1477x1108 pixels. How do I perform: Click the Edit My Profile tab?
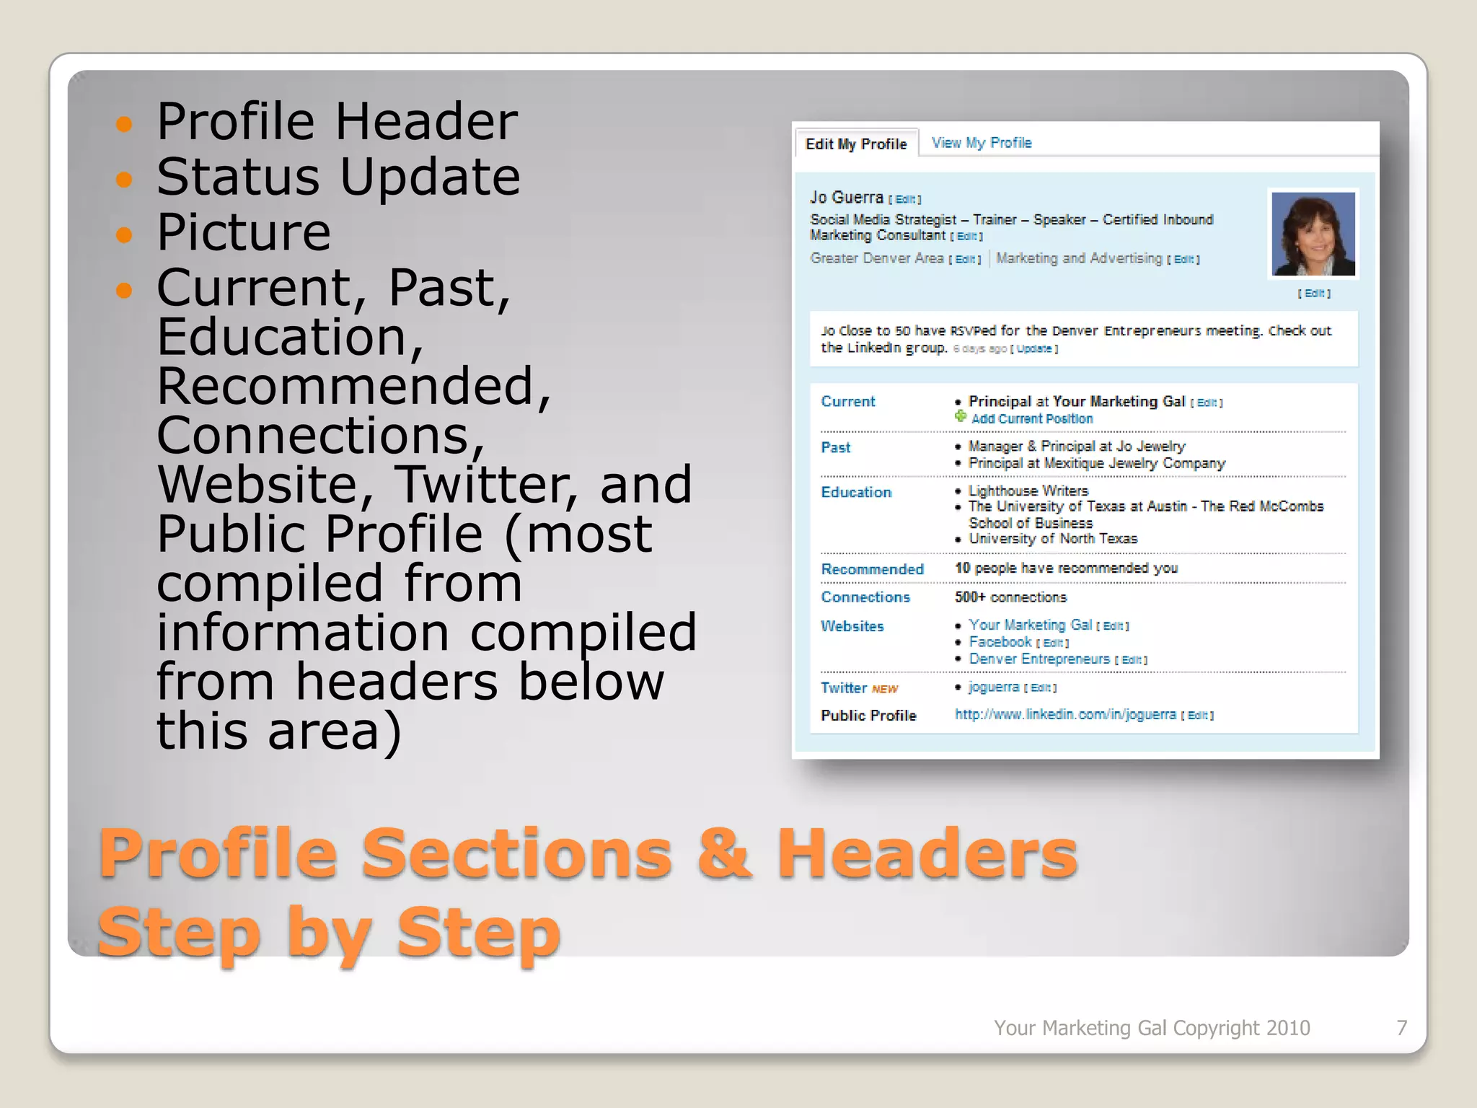pos(855,144)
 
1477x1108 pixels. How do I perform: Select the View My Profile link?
pos(981,143)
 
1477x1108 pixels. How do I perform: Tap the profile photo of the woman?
pos(1313,234)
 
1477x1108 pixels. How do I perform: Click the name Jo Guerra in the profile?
pos(846,198)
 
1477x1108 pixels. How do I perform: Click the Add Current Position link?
pos(1031,419)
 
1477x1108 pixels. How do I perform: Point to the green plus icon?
pos(961,416)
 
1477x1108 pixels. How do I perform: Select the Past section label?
pos(835,448)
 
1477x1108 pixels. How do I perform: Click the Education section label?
pos(856,493)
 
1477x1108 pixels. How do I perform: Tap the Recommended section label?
pos(872,570)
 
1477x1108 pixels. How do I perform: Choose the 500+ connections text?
pos(1010,597)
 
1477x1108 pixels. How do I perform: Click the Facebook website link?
pos(1000,642)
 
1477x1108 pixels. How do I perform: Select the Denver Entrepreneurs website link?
pos(1039,659)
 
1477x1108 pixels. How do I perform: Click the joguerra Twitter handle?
pos(994,687)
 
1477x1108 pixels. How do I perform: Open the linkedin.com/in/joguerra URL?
pos(1065,715)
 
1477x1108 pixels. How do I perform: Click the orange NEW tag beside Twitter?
pos(885,690)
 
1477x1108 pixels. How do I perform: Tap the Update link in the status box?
pos(1034,349)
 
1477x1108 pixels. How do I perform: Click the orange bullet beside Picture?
pos(124,235)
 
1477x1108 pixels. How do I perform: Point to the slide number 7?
pos(1401,1028)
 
